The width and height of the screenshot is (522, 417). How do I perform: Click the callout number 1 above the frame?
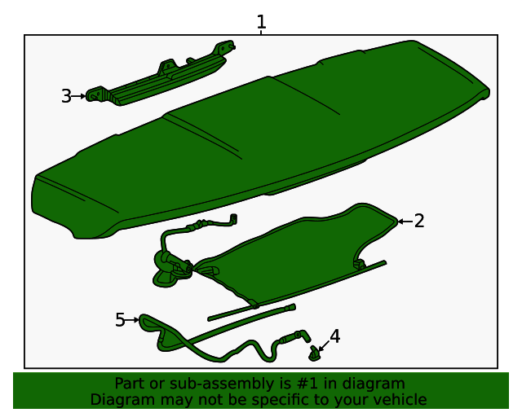point(261,21)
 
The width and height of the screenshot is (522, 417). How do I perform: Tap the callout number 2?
point(419,221)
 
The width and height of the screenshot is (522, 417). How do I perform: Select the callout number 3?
point(67,96)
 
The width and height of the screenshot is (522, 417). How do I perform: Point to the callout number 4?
point(334,336)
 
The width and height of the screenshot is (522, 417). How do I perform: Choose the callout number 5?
point(121,320)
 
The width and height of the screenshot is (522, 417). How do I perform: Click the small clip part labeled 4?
point(313,353)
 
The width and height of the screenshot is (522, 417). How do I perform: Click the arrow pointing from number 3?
point(80,96)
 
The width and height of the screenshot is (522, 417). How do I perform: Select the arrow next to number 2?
point(404,221)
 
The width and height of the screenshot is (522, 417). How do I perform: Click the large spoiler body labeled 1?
point(261,138)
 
